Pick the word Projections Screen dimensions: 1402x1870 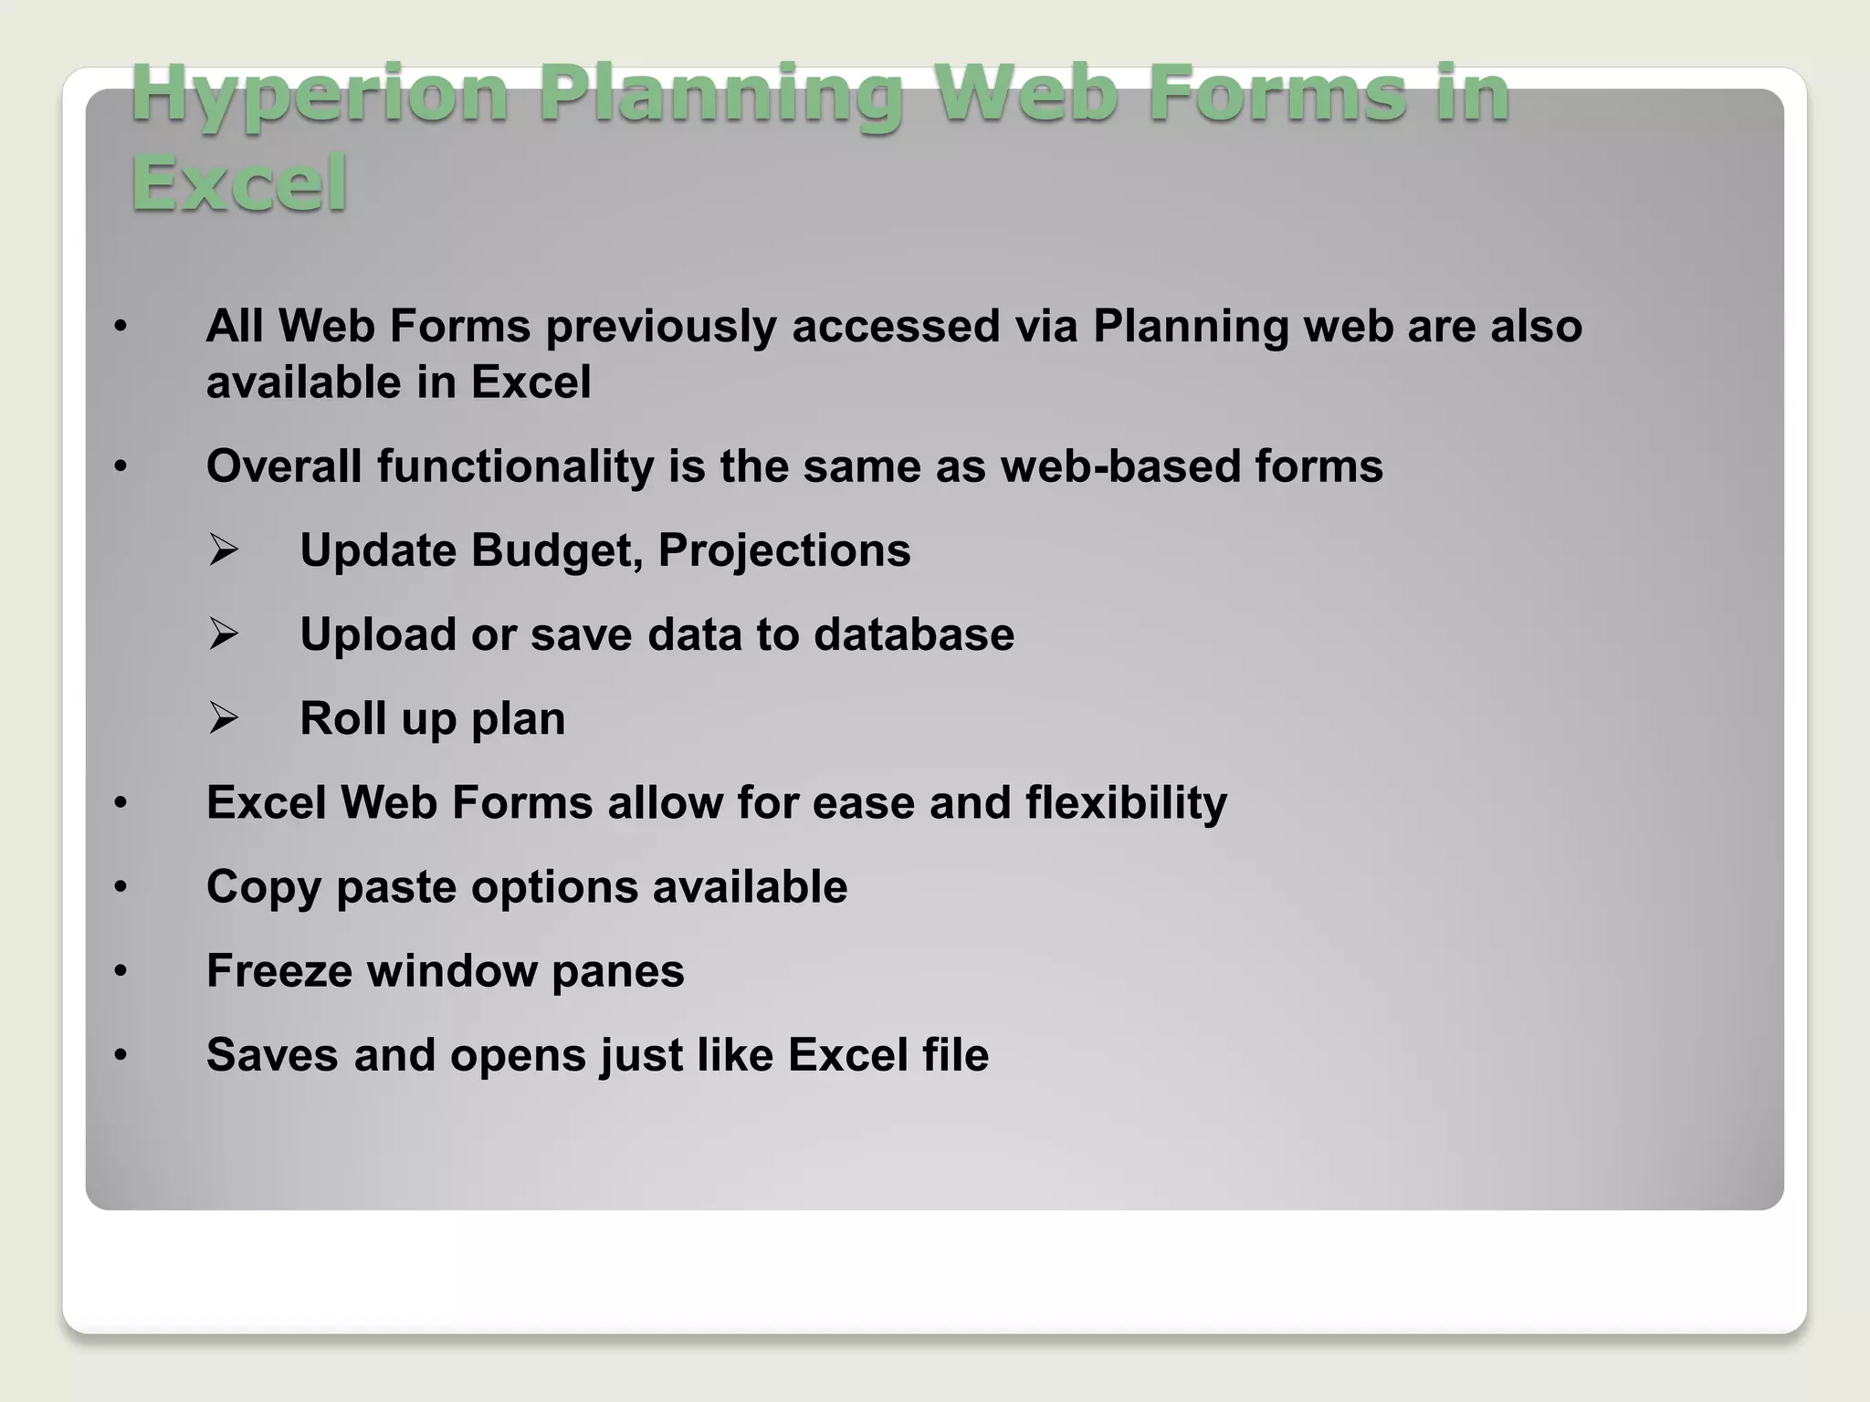pyautogui.click(x=784, y=550)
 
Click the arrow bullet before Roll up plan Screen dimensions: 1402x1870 pyautogui.click(x=223, y=718)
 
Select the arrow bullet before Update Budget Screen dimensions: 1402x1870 pyautogui.click(x=223, y=550)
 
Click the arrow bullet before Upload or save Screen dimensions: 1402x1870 pyautogui.click(x=223, y=634)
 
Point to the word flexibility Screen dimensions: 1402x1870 pyautogui.click(x=1126, y=803)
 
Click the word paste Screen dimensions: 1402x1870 pyautogui.click(x=395, y=887)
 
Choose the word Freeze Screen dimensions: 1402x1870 pyautogui.click(x=279, y=970)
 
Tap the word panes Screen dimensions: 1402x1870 pyautogui.click(x=618, y=970)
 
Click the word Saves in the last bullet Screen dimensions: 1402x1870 pyautogui.click(x=273, y=1055)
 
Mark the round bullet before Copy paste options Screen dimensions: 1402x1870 pyautogui.click(x=121, y=887)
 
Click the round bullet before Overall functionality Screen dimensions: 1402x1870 pyautogui.click(x=121, y=466)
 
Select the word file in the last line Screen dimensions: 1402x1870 pyautogui.click(x=955, y=1055)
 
